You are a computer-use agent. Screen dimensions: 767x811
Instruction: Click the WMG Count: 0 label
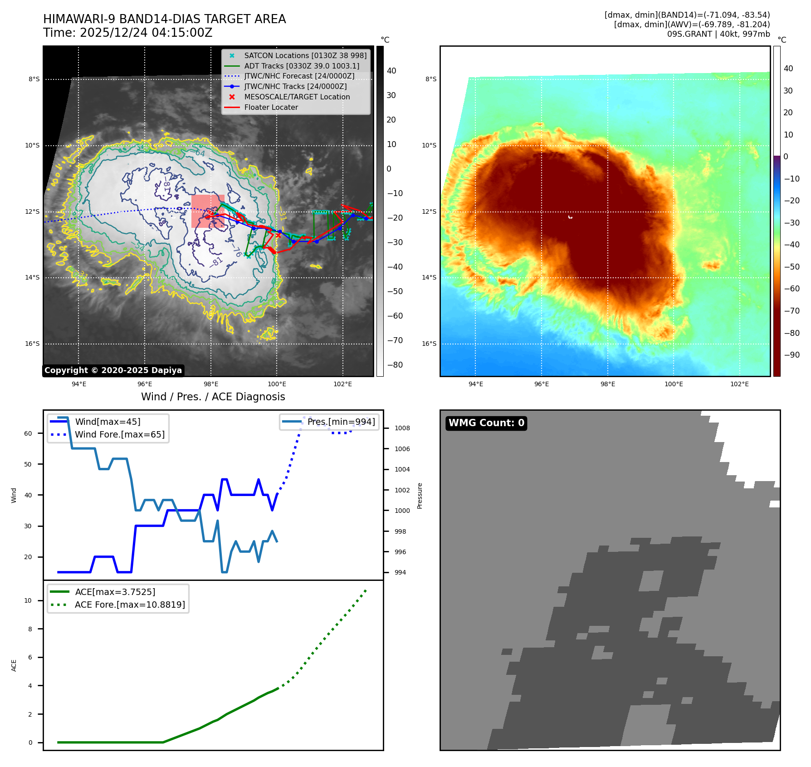coord(486,423)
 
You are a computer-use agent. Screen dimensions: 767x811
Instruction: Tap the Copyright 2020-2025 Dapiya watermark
coord(113,370)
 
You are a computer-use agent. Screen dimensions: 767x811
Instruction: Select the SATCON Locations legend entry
coord(305,55)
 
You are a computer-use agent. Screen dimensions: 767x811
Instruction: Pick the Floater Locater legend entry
coord(271,108)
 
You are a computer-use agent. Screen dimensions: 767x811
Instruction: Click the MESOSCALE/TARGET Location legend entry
coord(297,97)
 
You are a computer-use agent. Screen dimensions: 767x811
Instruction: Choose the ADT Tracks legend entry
coord(301,66)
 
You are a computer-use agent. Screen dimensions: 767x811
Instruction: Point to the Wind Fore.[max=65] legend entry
coord(119,435)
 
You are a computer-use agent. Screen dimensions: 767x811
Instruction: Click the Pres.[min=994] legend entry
coord(341,422)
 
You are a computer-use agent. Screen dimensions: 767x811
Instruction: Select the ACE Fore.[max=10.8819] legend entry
coord(130,605)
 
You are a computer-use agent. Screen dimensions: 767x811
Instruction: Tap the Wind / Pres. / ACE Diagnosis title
coord(213,397)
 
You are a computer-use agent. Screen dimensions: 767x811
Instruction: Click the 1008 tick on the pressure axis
coord(402,428)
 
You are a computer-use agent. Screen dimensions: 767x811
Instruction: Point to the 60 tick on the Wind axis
coord(28,433)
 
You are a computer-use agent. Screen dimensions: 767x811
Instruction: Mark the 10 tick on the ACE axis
coord(28,601)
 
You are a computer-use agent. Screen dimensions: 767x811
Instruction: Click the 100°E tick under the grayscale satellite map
coord(277,384)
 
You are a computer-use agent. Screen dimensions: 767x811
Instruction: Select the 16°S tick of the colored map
coord(429,344)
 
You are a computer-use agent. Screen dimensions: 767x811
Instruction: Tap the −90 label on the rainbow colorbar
coord(791,355)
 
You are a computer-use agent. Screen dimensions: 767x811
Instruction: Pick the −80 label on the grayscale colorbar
coord(395,365)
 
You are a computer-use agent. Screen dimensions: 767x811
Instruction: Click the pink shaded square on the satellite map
coord(208,211)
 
